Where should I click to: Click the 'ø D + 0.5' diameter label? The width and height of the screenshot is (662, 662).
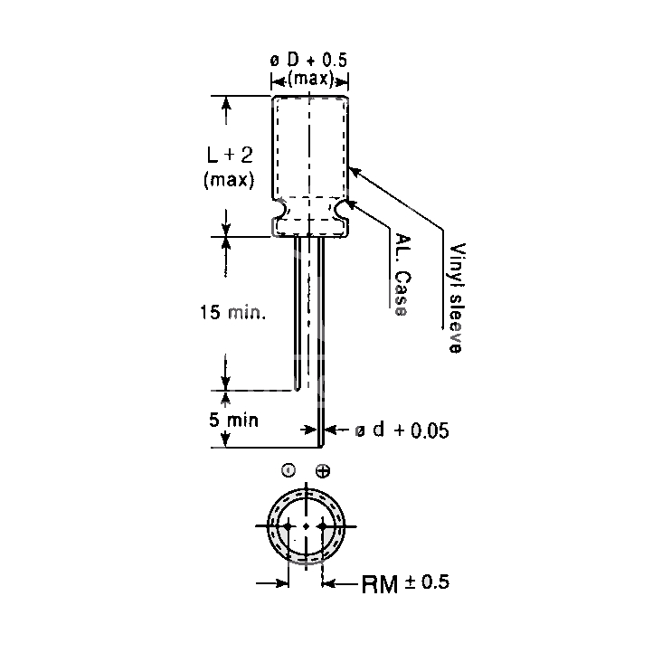[308, 61]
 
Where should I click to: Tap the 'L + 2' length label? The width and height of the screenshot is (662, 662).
[230, 155]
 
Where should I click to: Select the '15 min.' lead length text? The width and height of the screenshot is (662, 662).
[232, 312]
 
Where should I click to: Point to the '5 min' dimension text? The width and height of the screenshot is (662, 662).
[233, 421]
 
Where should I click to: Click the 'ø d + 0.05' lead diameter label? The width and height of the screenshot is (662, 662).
[402, 430]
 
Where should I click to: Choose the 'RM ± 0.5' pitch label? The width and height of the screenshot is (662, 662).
[405, 583]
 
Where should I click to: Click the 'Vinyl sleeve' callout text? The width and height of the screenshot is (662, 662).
[457, 298]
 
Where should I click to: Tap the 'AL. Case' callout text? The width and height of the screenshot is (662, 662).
[402, 275]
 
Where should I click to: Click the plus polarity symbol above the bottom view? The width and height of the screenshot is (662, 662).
[323, 471]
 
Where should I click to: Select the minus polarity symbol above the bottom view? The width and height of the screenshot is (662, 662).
[288, 470]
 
